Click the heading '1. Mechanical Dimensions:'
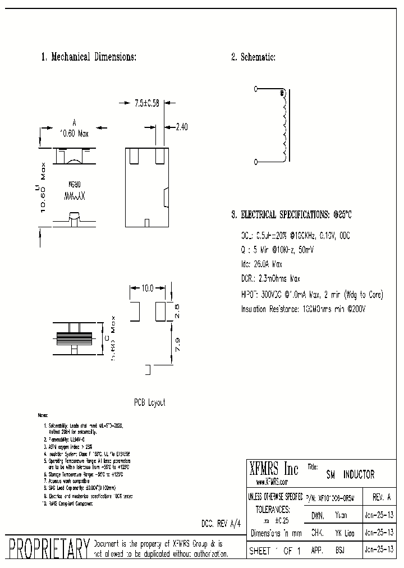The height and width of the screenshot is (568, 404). point(89,57)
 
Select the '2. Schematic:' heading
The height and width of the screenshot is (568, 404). point(253,57)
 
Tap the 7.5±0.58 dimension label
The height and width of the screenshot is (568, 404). point(146,103)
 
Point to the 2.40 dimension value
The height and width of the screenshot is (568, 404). point(181,127)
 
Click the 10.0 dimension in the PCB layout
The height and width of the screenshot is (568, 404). point(147,288)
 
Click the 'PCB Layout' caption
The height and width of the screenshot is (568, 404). point(149,402)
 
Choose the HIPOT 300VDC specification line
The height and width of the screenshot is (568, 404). point(304,294)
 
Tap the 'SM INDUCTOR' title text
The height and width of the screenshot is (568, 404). point(350,475)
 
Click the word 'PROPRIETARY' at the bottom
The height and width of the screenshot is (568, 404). point(47,549)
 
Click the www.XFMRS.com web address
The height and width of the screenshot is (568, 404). point(272,482)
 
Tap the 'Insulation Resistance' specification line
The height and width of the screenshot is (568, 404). point(299,309)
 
